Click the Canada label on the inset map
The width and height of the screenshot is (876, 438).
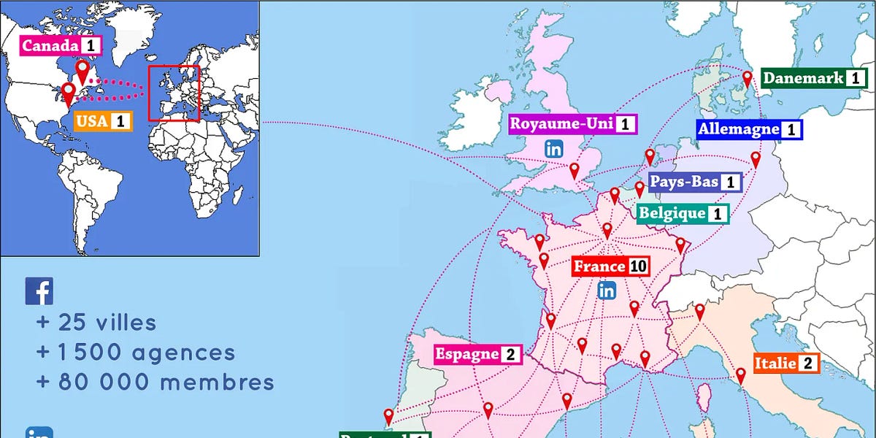pos(59,46)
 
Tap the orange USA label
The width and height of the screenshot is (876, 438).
pos(102,120)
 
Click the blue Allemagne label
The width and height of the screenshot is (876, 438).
pos(748,130)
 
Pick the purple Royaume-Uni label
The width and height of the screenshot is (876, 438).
pos(572,123)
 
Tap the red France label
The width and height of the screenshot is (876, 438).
pos(610,266)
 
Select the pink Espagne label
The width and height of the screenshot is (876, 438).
pos(476,355)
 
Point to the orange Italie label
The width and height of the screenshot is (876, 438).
pos(786,363)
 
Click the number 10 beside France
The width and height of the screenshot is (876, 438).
pos(638,266)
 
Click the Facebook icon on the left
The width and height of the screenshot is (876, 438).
pos(39,291)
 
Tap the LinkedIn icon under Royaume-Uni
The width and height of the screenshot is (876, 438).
pos(554,149)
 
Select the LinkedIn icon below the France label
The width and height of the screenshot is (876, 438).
pos(607,291)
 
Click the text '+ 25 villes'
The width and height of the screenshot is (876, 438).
pos(96,323)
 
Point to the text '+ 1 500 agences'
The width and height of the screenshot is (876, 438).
pos(135,353)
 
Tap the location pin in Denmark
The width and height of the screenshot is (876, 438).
pos(747,77)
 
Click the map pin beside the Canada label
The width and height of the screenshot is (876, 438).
pos(83,72)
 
